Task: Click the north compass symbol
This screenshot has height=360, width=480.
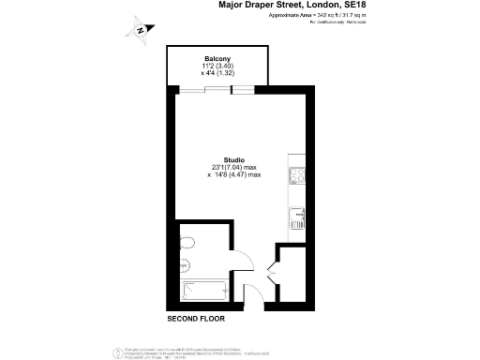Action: click(140, 28)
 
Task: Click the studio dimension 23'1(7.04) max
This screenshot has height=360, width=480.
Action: click(234, 168)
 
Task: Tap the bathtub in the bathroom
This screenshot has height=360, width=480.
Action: click(201, 292)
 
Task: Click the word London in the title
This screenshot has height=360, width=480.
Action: click(321, 6)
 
